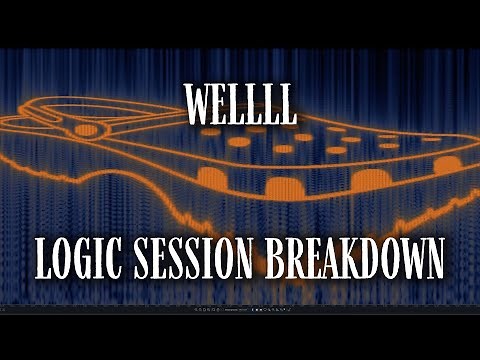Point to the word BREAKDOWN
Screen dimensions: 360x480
pos(355,258)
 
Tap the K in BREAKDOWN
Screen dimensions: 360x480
pos(351,258)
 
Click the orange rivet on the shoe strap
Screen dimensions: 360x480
pos(87,130)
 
